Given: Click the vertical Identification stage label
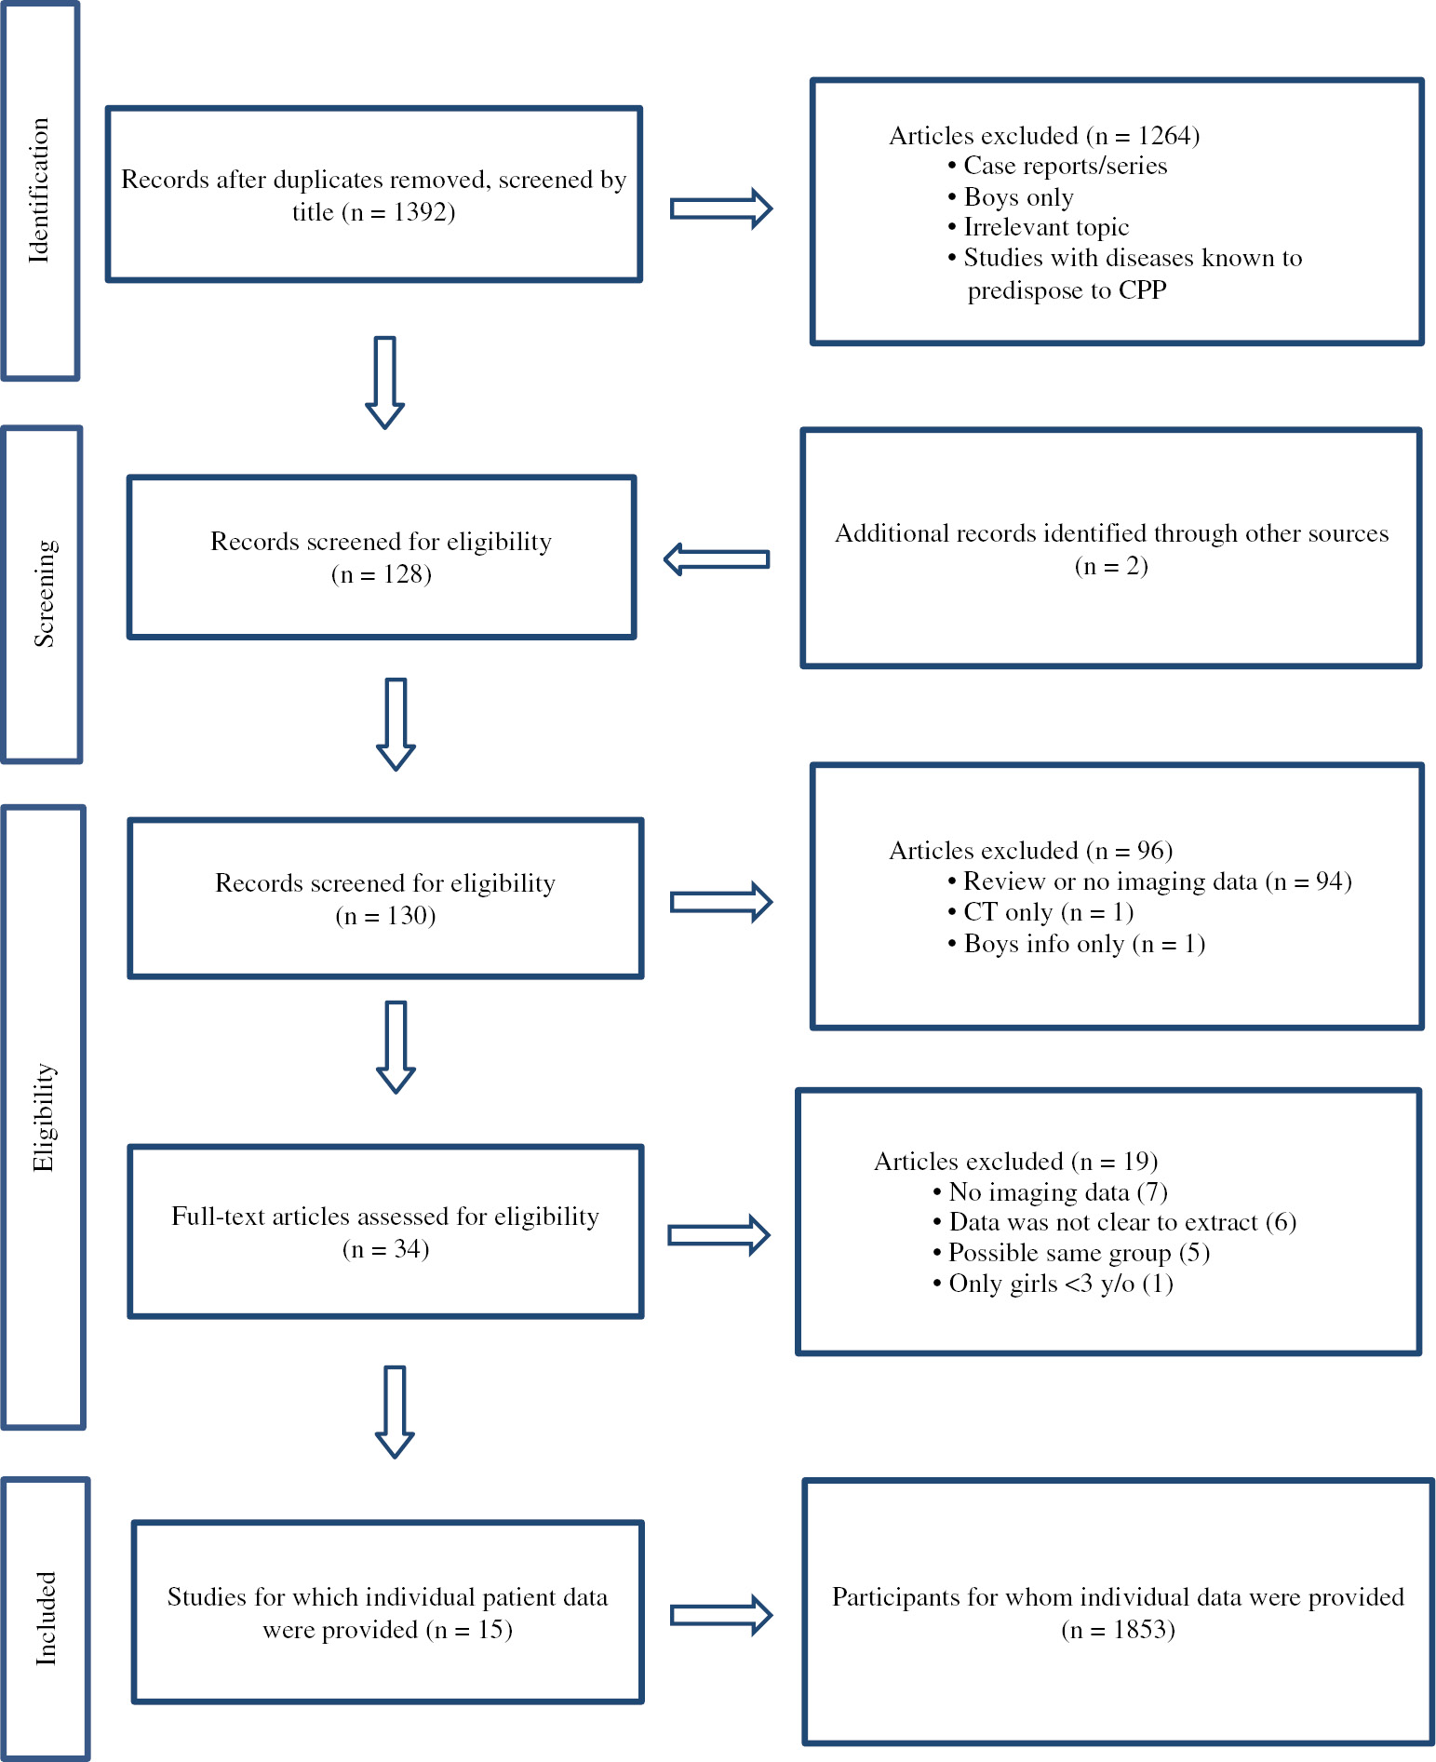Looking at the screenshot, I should (39, 191).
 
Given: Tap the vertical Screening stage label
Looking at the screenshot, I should (44, 594).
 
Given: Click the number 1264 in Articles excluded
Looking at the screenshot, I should (1167, 136).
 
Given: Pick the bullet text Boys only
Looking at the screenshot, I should (1018, 197).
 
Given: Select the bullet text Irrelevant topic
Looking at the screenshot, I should (1045, 228).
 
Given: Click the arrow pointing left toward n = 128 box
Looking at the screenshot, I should (717, 559).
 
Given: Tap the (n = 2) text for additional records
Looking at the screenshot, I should (1110, 566).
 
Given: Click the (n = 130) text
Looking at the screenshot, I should (385, 916).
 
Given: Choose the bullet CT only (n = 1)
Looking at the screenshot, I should (1047, 912).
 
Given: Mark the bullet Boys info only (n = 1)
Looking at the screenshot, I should (1083, 944).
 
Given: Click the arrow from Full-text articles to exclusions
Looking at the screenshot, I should (718, 1235).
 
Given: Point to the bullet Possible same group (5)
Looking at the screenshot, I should (1078, 1253).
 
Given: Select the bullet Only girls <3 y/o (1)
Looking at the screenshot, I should (1059, 1284).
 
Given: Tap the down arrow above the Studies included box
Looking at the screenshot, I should (395, 1411).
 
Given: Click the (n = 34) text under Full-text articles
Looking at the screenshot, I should (385, 1249).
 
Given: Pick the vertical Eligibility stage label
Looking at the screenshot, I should (44, 1117).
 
